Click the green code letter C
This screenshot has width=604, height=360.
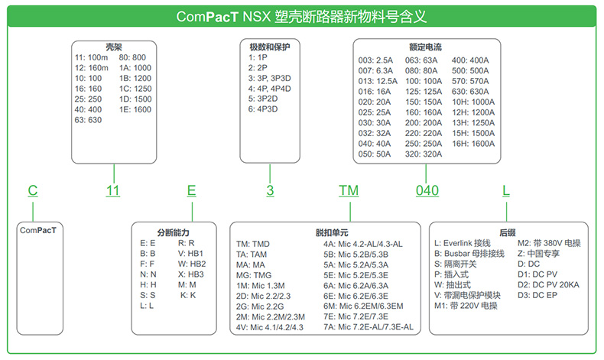pos(32,190)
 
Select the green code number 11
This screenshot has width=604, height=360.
pos(113,190)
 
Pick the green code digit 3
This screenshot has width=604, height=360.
pos(270,190)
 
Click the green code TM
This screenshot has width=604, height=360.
pos(349,190)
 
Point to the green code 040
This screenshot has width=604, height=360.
pos(427,190)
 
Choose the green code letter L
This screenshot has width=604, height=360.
pos(505,190)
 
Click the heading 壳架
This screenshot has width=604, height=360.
pos(114,46)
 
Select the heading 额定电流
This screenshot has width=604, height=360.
pos(427,46)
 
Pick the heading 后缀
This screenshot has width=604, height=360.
pos(507,232)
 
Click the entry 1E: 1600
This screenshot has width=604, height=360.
pos(135,109)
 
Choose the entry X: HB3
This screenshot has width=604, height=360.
pos(190,273)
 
